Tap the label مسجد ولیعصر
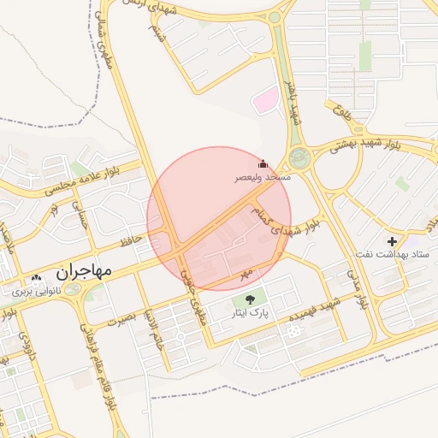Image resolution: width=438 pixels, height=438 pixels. click(263, 177)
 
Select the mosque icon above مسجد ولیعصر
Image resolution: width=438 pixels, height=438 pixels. click(263, 163)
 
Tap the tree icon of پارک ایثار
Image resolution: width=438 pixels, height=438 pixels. click(250, 299)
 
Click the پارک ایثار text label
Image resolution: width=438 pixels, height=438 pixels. click(254, 314)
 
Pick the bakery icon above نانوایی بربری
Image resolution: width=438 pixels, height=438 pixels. click(36, 279)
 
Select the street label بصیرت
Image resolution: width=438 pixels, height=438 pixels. click(121, 319)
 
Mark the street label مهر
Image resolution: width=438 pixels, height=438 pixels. click(247, 272)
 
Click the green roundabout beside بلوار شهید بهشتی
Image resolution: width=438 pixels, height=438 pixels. click(299, 158)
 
